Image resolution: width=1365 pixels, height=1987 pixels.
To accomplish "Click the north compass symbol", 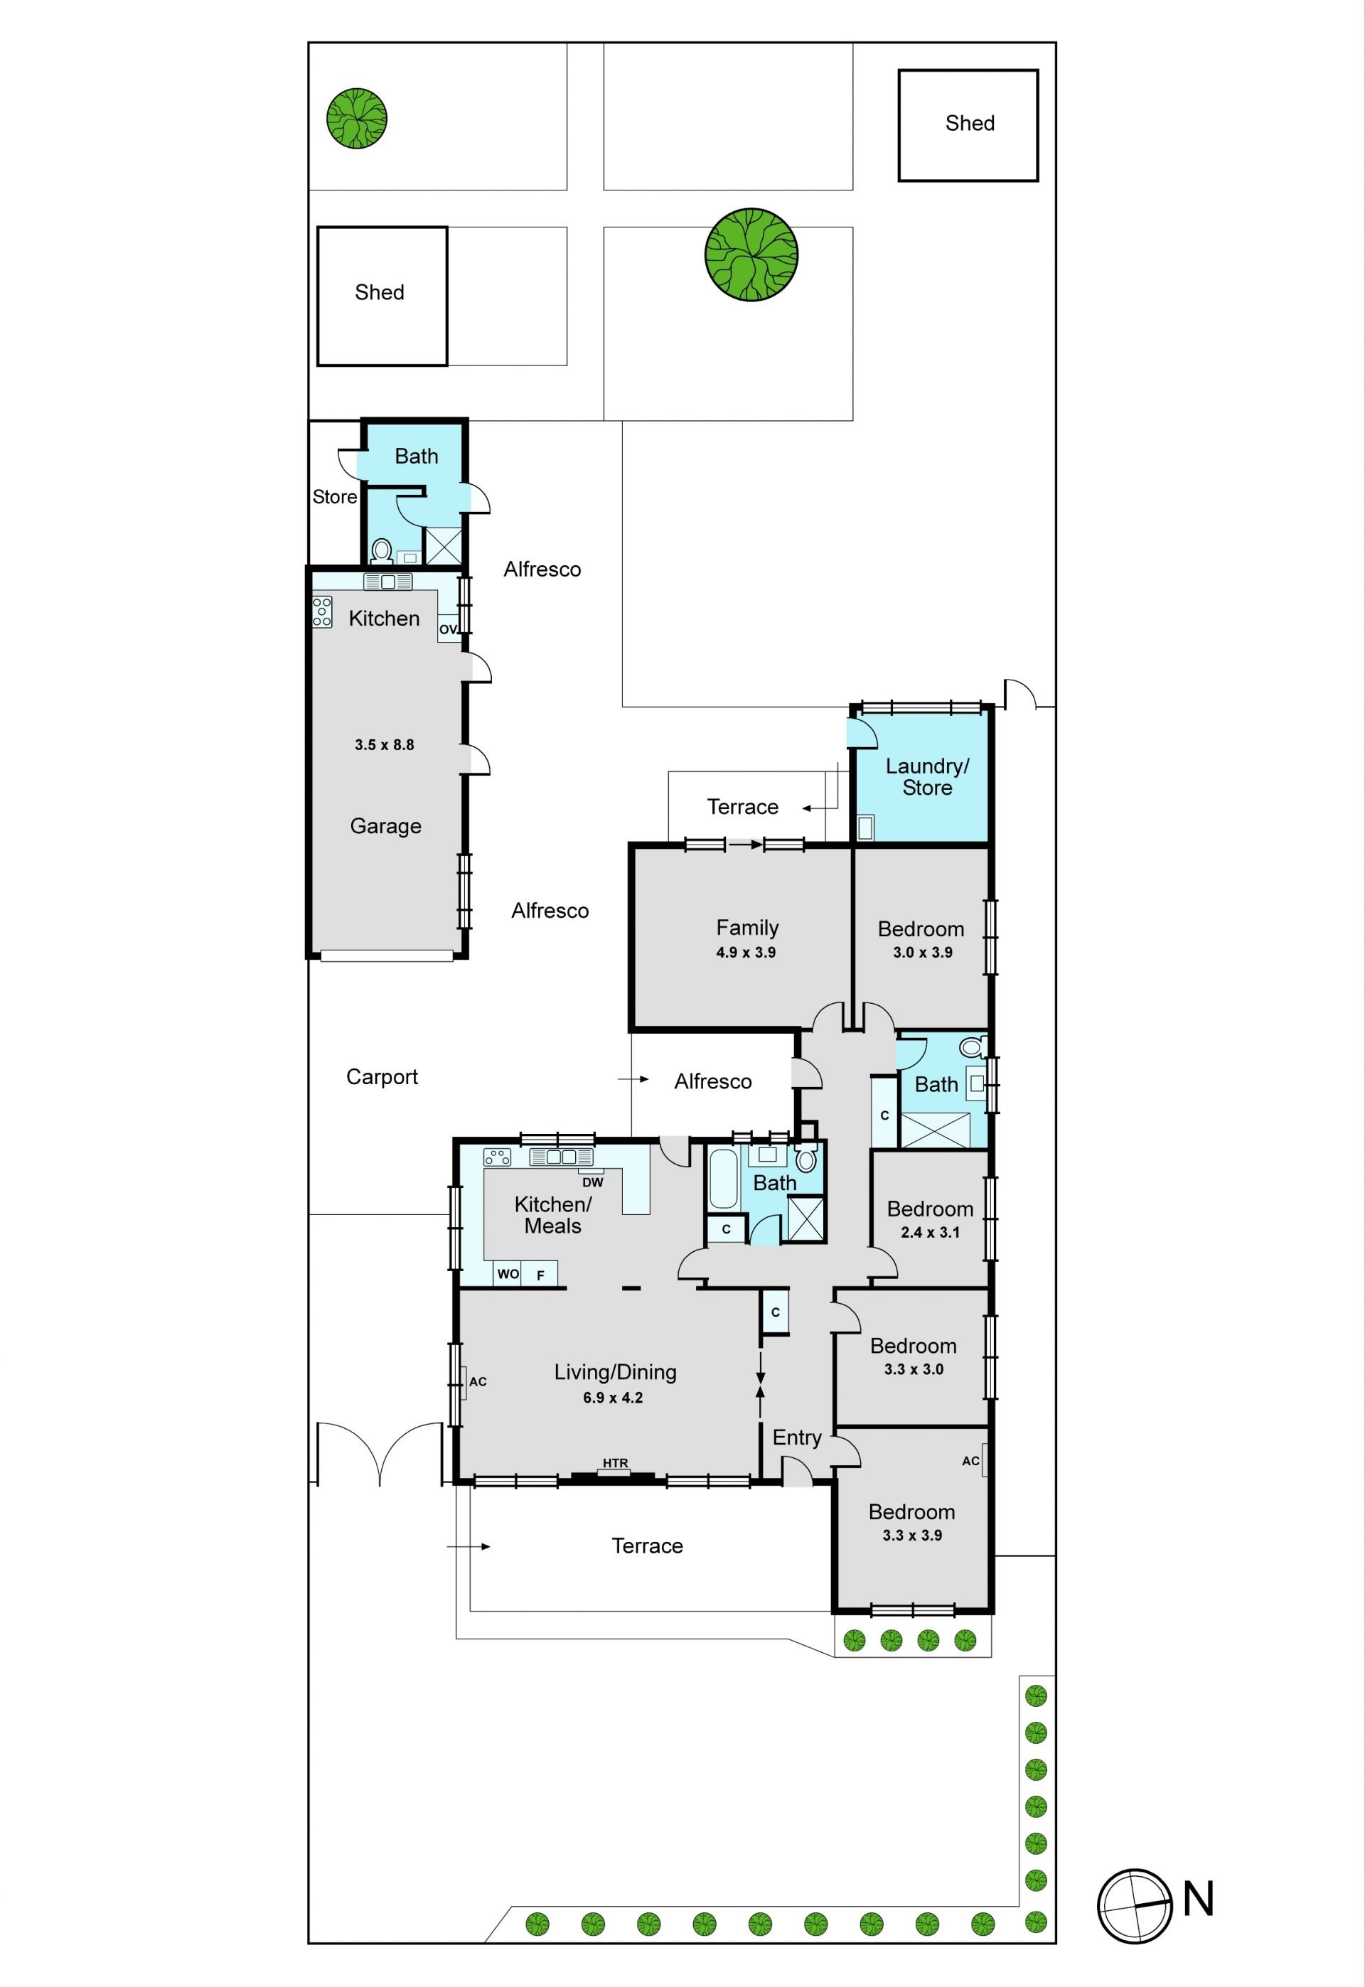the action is coord(1135,1906).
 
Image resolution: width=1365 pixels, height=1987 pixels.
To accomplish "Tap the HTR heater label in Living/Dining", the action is coord(615,1463).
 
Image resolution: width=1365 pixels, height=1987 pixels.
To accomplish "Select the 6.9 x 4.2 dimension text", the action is coord(614,1398).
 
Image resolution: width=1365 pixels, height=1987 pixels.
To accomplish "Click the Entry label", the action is coord(796,1437).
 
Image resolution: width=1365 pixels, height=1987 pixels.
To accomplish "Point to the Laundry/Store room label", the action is coord(927,776).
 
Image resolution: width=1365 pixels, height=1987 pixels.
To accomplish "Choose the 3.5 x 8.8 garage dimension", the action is coord(384,745).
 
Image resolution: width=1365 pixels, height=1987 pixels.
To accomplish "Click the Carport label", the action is coord(382,1077).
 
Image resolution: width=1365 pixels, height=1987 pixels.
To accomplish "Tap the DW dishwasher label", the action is coord(593,1182).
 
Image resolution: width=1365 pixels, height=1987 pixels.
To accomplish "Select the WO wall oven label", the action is coord(508,1274).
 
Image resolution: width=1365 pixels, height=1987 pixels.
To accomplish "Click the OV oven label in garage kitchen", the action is coord(448,629).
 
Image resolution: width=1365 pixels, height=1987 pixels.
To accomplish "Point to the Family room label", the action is coord(746,928).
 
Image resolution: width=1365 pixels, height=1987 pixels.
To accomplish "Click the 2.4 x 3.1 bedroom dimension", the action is coord(930,1232).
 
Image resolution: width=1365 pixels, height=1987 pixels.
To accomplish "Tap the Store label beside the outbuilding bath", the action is coord(334,497).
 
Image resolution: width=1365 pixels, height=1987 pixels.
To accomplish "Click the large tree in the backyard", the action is coord(751,255).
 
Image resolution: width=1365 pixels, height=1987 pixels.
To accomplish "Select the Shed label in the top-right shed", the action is coord(970,123).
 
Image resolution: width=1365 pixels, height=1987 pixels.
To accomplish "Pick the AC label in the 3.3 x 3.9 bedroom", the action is coord(970,1461).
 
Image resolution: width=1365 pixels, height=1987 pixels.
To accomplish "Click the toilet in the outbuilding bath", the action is coord(382,552).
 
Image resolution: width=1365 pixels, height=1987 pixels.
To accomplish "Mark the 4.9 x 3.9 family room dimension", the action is coord(746,953).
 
